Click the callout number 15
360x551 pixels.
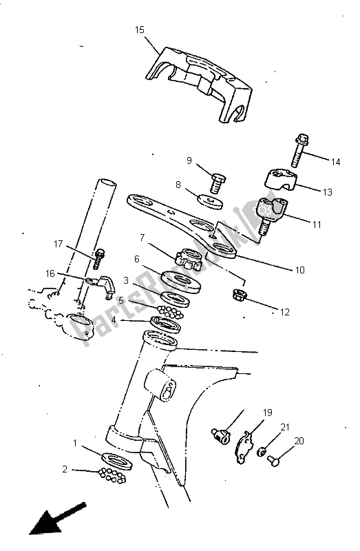140,30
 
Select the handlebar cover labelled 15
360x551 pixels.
199,84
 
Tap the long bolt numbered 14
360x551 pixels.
299,151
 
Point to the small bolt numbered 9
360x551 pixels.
218,183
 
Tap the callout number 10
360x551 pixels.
299,270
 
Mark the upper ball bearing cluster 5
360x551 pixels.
171,312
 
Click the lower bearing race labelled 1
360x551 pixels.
117,461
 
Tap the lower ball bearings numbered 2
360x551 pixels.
112,475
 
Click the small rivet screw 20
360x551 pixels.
273,460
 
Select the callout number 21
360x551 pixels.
285,427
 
